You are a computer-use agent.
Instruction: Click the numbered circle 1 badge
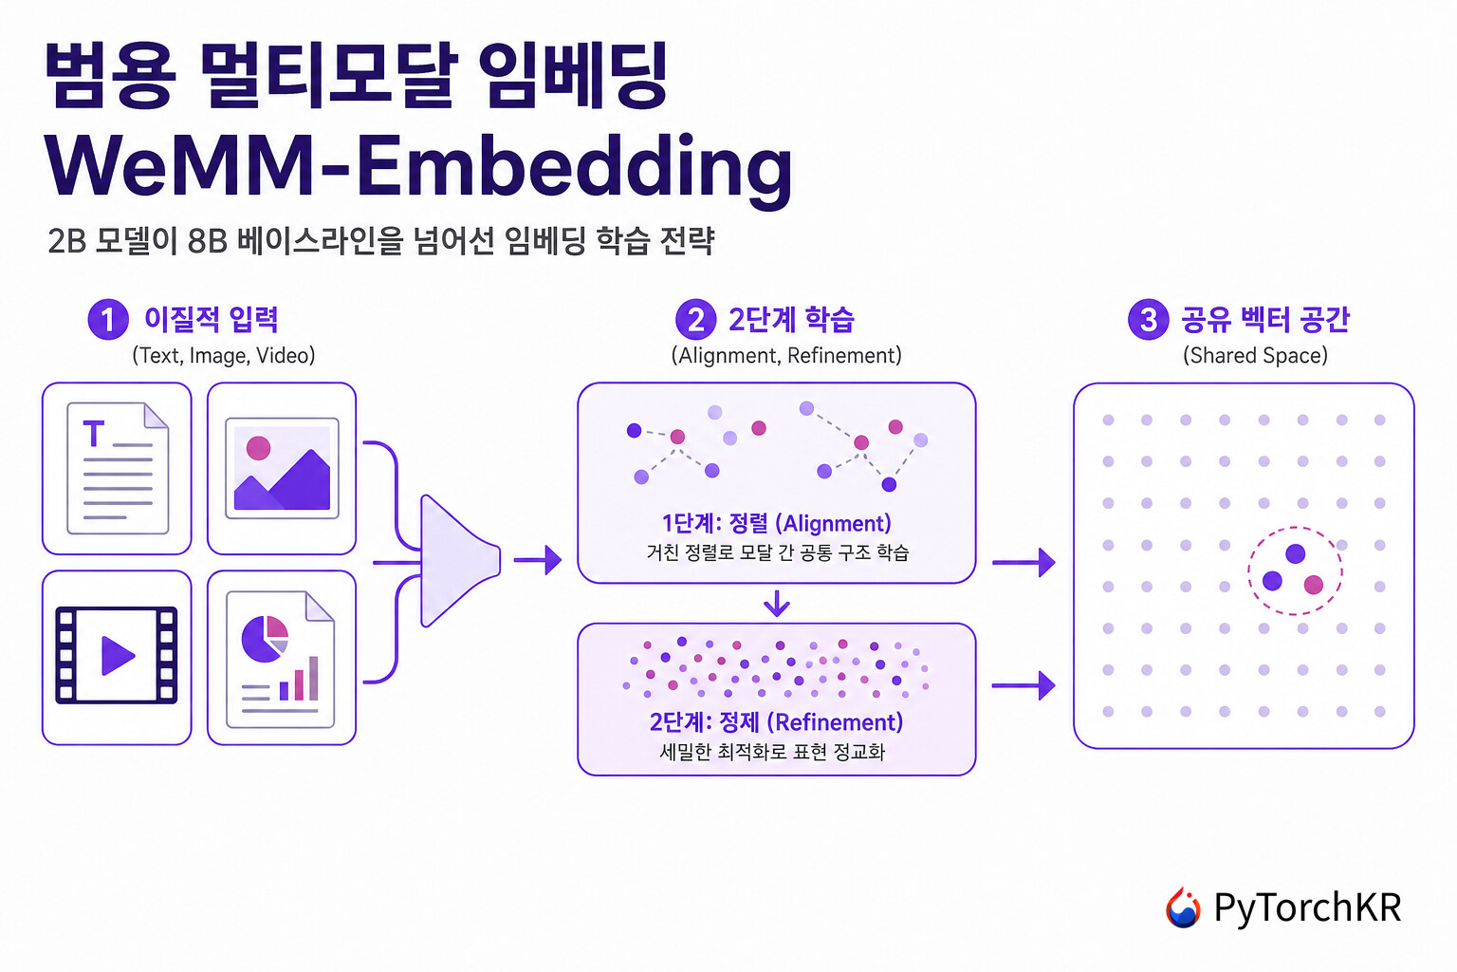point(108,319)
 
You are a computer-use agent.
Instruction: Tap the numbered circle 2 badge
point(695,319)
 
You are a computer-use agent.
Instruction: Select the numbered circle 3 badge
point(1148,319)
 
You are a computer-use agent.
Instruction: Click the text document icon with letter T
point(118,468)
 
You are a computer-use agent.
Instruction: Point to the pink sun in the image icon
point(258,448)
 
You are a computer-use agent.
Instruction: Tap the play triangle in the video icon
point(119,655)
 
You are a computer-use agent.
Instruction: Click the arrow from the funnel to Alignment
point(538,560)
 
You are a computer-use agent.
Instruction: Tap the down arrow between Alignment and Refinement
point(777,603)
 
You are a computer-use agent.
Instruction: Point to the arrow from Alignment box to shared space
point(1024,562)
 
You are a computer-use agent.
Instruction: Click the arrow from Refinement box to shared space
point(1024,685)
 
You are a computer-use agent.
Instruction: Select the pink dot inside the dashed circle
point(1313,585)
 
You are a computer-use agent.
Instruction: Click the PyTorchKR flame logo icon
point(1183,907)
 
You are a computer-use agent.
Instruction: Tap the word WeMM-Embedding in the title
point(419,167)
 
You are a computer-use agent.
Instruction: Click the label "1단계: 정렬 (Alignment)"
point(777,523)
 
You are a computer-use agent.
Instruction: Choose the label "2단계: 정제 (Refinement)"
point(777,722)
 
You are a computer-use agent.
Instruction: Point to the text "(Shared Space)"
point(1255,355)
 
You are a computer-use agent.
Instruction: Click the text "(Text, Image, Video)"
point(224,355)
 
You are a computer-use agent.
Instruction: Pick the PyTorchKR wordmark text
point(1307,907)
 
